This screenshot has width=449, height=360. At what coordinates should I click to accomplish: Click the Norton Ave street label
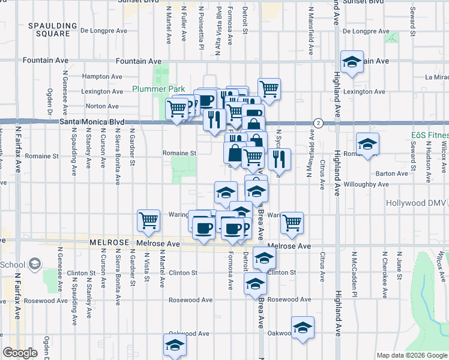coord(103,106)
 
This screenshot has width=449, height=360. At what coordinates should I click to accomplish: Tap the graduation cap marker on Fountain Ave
coord(352,62)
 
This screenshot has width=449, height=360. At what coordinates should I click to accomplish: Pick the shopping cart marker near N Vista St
coord(148,220)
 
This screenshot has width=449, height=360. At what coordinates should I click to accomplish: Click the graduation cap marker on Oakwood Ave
coord(302,328)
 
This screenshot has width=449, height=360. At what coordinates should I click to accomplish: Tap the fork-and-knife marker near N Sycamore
coord(280,160)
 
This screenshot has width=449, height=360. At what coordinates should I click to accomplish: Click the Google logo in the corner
coord(20,353)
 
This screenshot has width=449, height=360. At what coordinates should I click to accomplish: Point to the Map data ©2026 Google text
coord(412,355)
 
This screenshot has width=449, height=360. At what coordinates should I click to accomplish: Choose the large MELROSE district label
coord(109,242)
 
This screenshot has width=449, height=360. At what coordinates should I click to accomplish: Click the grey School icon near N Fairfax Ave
coord(34,264)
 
